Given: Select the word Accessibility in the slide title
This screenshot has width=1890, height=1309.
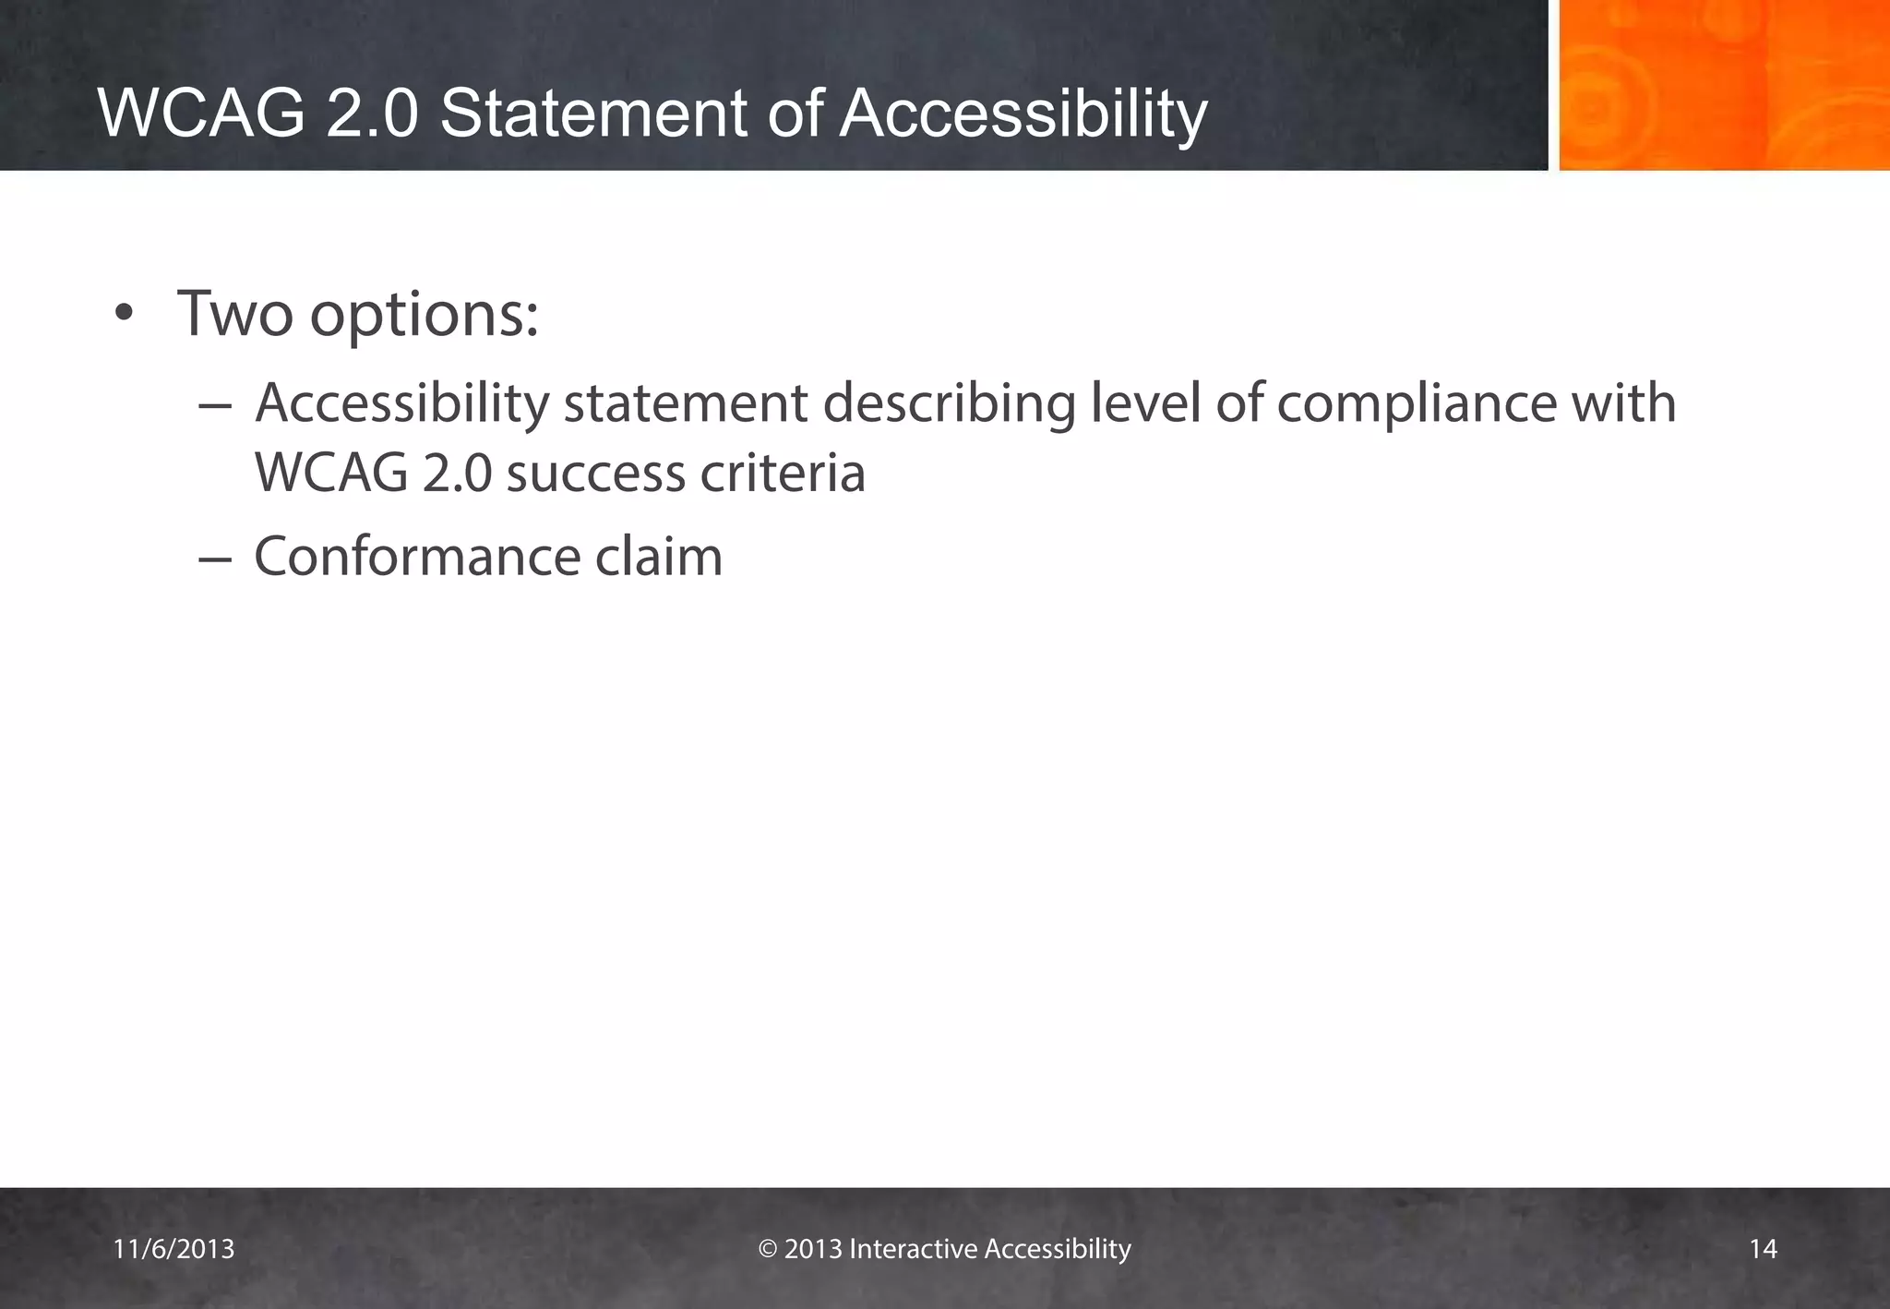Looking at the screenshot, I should tap(1023, 114).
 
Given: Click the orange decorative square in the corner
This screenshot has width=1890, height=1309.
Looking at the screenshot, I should tap(1724, 85).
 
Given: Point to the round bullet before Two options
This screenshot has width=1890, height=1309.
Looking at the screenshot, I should tap(124, 316).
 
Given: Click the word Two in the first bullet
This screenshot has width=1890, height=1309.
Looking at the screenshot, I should tap(235, 314).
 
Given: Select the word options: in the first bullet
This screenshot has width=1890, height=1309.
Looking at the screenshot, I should tap(424, 316).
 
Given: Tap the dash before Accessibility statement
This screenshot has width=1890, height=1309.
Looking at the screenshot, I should tap(214, 406).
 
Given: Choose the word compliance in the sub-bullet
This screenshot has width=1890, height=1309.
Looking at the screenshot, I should tap(1409, 404).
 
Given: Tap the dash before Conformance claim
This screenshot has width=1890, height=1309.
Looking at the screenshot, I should tap(214, 558).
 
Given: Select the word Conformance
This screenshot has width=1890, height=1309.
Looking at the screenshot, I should tap(417, 557).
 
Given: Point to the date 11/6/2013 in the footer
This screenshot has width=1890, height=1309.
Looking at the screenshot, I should tap(173, 1249).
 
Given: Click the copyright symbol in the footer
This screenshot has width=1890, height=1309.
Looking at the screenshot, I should tap(767, 1249).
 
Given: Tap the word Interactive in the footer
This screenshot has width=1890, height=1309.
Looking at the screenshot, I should tap(913, 1249).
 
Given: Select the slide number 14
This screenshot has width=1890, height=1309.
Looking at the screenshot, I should tap(1763, 1249).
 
